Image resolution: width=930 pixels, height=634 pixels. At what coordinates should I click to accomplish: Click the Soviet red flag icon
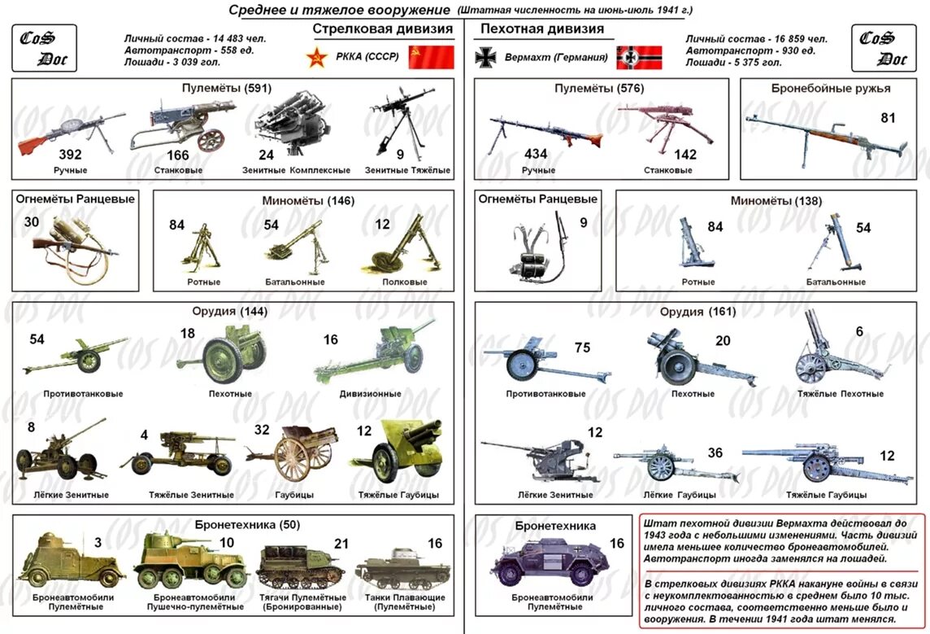(430, 57)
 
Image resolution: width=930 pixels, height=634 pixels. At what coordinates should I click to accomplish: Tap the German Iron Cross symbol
(485, 58)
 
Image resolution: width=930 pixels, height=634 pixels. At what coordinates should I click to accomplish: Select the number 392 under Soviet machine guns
(71, 155)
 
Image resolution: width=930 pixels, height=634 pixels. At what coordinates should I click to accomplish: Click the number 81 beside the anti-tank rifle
(888, 118)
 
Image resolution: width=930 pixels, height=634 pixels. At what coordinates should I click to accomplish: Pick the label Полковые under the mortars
(405, 282)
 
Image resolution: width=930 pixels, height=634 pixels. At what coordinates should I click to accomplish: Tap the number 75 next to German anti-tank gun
(582, 348)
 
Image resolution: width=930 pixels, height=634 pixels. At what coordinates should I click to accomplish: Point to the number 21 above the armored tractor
(341, 544)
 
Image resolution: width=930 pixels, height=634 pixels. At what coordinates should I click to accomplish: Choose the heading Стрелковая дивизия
(383, 29)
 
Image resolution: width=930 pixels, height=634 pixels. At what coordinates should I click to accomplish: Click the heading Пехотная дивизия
(542, 29)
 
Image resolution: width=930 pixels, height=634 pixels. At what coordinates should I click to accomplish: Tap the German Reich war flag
(638, 58)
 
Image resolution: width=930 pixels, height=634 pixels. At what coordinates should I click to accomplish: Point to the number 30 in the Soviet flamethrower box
(32, 222)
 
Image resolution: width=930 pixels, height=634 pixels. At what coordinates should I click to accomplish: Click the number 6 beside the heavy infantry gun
(859, 331)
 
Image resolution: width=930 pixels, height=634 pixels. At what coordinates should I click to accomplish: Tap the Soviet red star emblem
(315, 58)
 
